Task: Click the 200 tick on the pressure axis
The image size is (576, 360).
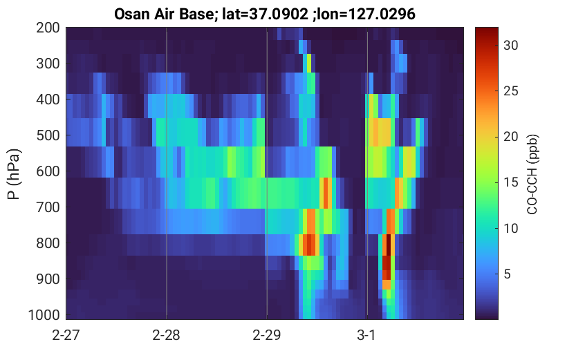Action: (x=48, y=28)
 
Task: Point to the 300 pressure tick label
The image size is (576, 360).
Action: (x=48, y=64)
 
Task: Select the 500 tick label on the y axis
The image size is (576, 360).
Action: (x=48, y=135)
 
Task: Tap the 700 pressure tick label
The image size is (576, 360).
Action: (x=48, y=207)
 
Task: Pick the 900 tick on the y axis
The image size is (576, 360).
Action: (x=48, y=279)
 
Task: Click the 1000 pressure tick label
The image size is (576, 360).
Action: (x=44, y=315)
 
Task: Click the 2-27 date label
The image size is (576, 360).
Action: (x=66, y=335)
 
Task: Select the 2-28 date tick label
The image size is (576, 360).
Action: (x=166, y=335)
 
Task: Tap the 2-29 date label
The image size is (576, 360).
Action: (x=267, y=335)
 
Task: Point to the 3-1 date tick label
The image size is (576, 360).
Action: (x=366, y=335)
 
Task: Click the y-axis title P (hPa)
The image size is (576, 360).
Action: (x=14, y=174)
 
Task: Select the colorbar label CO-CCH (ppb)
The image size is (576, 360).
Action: (x=532, y=174)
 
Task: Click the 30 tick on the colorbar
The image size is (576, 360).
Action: (x=510, y=46)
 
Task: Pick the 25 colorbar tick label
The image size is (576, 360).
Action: (x=510, y=91)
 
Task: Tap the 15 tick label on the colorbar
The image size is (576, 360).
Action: (x=510, y=182)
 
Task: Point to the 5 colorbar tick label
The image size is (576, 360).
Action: (x=507, y=274)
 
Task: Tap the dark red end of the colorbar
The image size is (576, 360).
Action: (x=486, y=31)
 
